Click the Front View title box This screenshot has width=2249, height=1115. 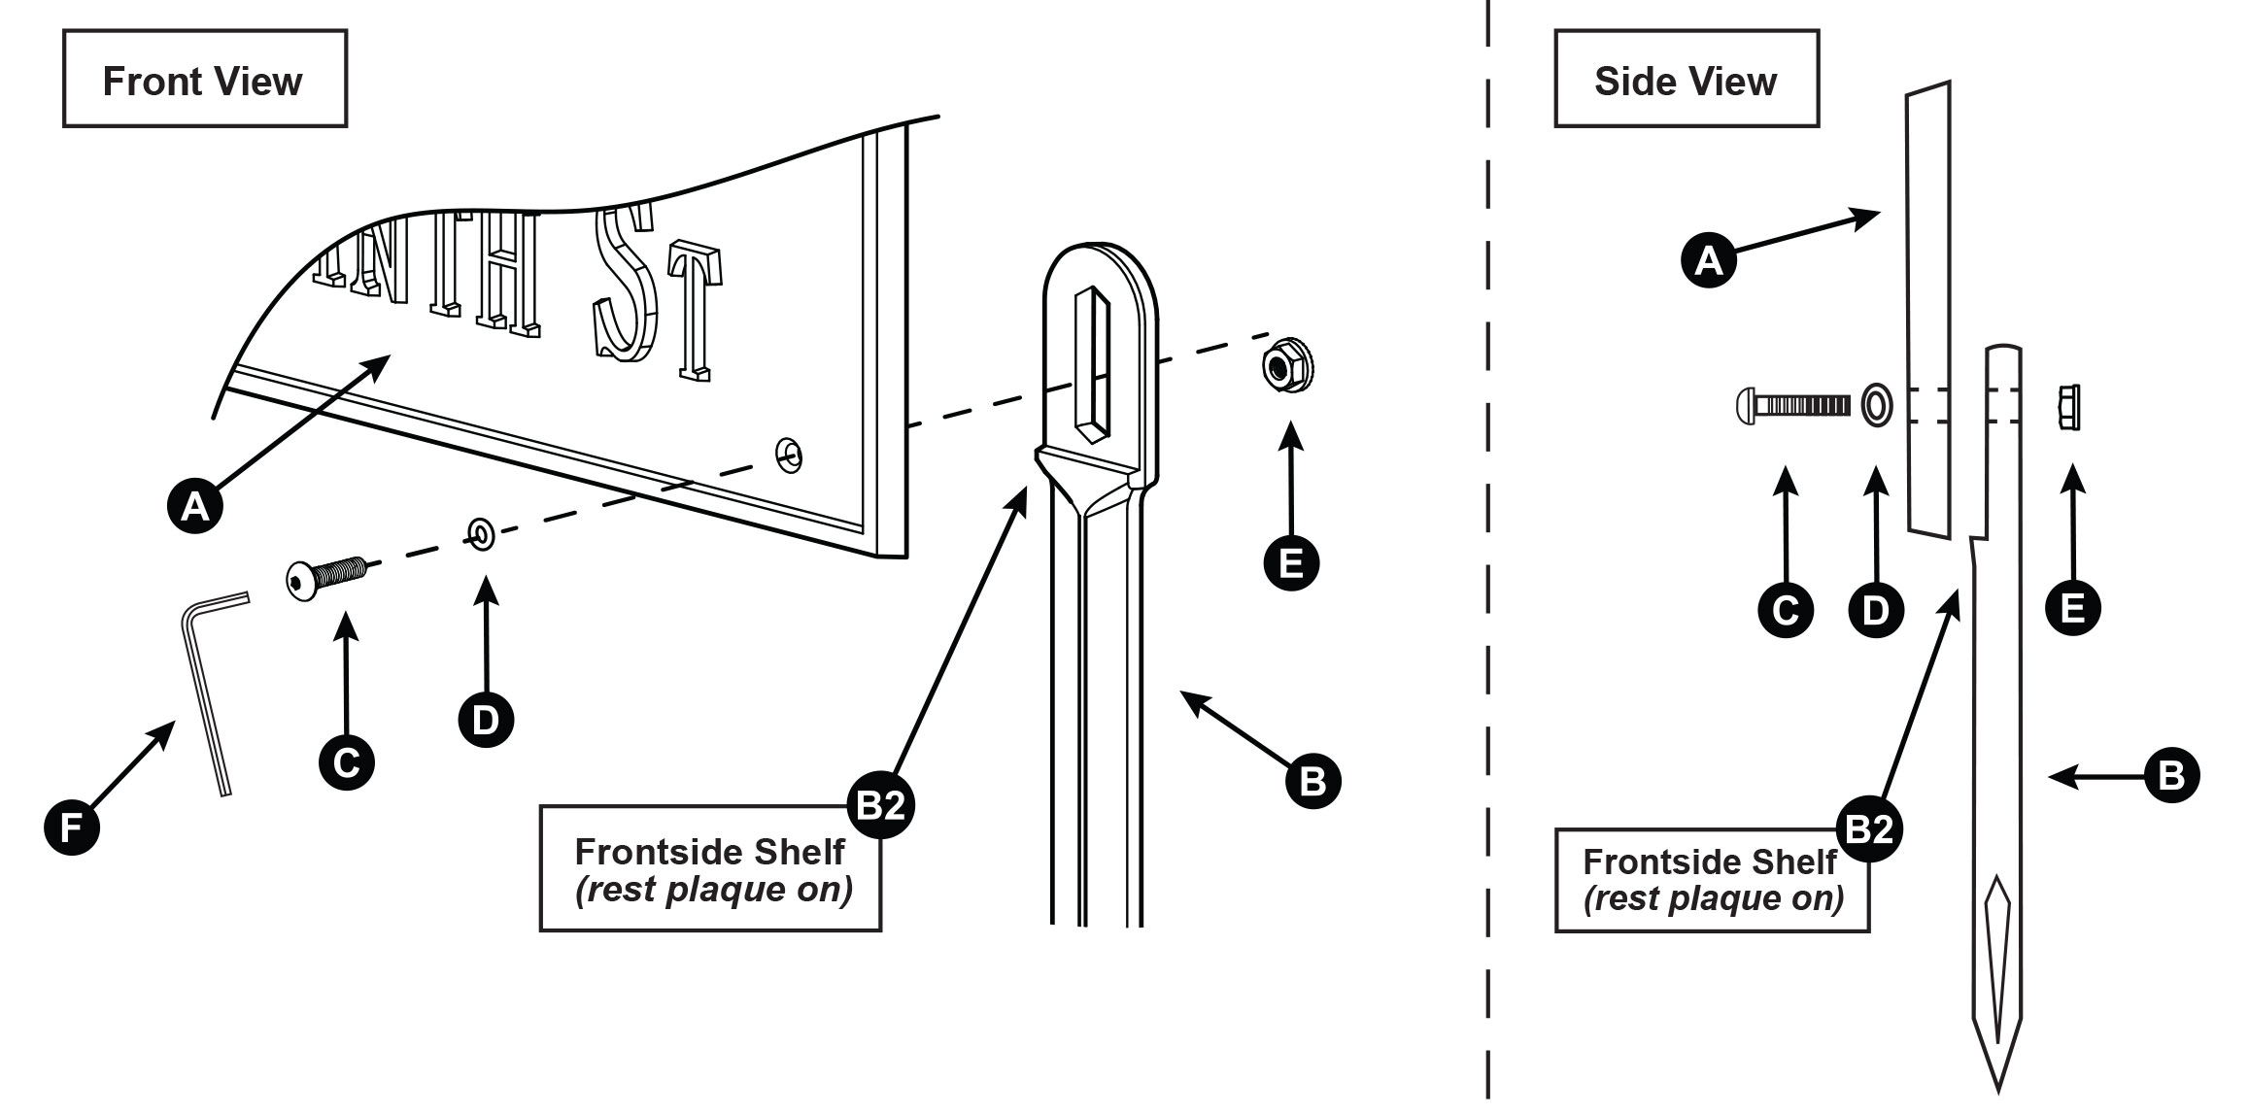(204, 80)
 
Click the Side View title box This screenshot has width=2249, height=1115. (1686, 80)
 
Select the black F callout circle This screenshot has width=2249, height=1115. (72, 828)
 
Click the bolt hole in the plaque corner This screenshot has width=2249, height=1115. (790, 454)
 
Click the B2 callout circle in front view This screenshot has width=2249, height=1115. (881, 805)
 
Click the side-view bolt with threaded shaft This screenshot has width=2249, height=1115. (1792, 405)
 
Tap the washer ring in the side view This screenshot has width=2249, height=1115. (1876, 405)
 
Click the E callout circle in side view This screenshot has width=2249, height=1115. (2072, 608)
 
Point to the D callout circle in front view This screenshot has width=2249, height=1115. (485, 720)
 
